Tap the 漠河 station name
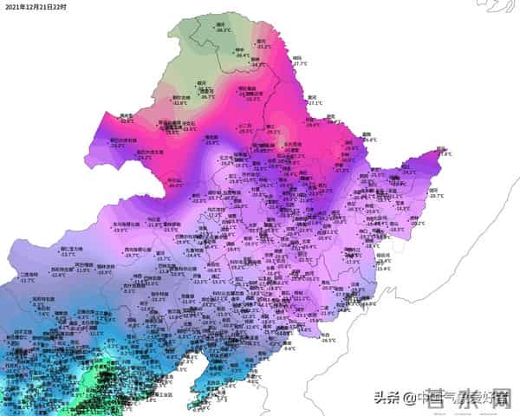(x=221, y=24)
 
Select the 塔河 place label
(x=261, y=40)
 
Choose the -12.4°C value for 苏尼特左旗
(x=59, y=275)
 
